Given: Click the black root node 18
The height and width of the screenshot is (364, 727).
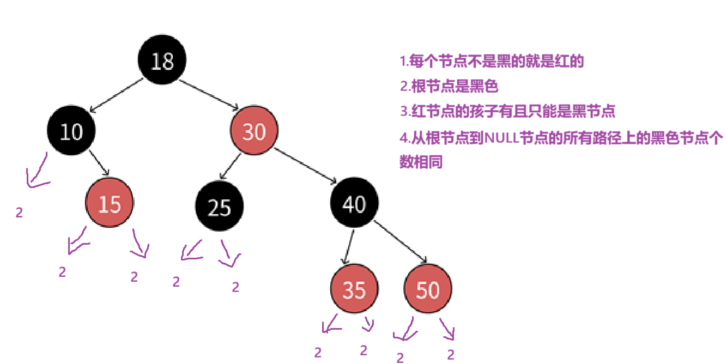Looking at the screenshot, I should (162, 60).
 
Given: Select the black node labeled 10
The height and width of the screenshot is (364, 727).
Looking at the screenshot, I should (71, 131).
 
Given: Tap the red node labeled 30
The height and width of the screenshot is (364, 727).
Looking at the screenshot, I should (254, 131).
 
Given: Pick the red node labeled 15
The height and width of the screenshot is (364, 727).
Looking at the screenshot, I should (110, 204).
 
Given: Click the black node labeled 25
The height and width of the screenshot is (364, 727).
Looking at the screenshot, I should (220, 207).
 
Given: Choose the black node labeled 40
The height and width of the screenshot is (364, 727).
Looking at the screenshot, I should (354, 204).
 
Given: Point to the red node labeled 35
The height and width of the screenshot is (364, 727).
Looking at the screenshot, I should (354, 290).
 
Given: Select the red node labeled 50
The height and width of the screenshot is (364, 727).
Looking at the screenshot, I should (428, 290).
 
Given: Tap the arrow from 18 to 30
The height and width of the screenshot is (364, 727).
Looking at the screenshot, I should (209, 93).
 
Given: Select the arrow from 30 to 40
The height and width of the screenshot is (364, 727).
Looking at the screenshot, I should (308, 166).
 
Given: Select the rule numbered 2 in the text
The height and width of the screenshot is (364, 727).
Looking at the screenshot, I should (450, 86).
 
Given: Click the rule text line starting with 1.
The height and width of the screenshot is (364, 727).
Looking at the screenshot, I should (492, 61).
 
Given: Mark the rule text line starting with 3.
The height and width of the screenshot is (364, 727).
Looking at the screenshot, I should (507, 112).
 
